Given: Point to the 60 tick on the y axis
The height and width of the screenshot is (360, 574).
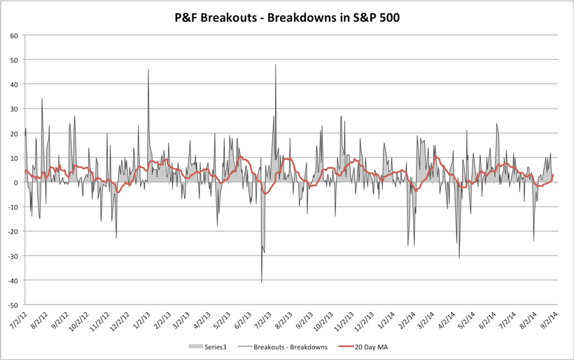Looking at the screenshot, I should (15, 35).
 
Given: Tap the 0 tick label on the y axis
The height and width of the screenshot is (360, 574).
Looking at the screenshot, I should (16, 183).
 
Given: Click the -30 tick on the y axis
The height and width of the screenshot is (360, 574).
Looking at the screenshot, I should (13, 256).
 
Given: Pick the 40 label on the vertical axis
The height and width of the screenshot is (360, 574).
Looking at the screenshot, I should (15, 84).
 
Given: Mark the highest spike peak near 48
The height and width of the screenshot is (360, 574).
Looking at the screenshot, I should (276, 64).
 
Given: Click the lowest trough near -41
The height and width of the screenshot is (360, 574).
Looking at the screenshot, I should (262, 282).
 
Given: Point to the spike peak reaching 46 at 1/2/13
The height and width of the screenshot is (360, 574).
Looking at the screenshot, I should (148, 69).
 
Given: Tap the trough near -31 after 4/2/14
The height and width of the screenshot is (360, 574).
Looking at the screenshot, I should (459, 258).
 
